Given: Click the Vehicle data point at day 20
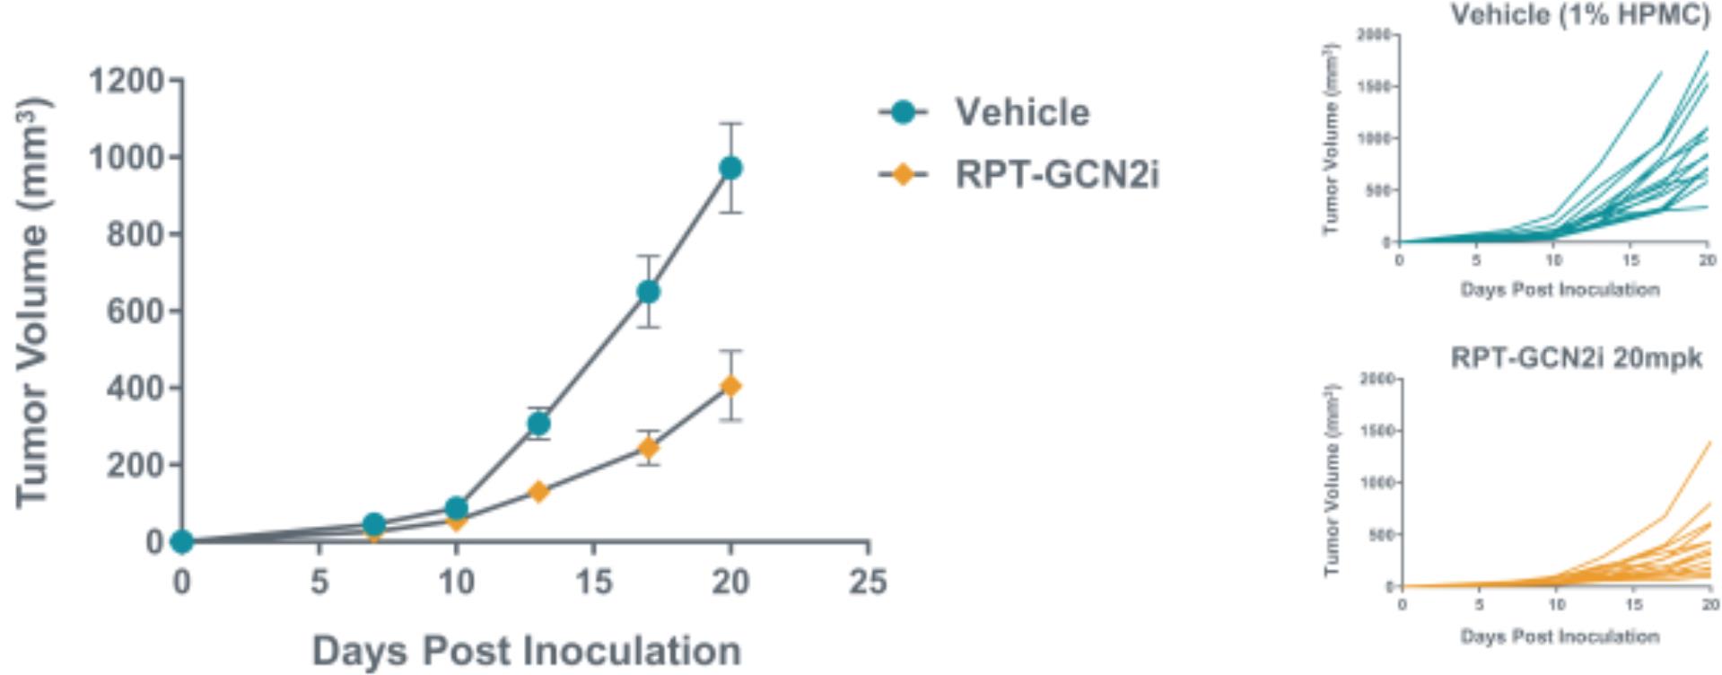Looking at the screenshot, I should coord(730,168).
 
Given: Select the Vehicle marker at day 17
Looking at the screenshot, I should coord(648,292).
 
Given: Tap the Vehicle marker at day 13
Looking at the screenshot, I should coord(538,424).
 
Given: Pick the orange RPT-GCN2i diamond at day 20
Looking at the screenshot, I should coord(730,386).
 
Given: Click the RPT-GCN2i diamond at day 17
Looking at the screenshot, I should coord(648,447).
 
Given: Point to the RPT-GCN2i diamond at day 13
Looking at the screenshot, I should coord(538,491).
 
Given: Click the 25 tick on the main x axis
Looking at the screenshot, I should coord(867,583).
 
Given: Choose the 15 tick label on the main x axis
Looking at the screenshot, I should coord(592,583).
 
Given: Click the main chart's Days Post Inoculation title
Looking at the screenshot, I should coord(526,650).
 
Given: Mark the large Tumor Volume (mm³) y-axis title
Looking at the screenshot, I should coord(32,302).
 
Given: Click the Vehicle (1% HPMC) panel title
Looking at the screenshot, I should coord(1578,13).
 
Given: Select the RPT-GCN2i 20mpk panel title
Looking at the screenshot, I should coord(1576,358).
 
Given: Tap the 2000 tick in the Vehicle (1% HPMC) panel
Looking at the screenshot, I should coord(1373,35).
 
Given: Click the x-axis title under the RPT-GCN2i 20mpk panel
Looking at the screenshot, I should coord(1560,636).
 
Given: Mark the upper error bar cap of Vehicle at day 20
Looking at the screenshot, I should coord(730,123).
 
